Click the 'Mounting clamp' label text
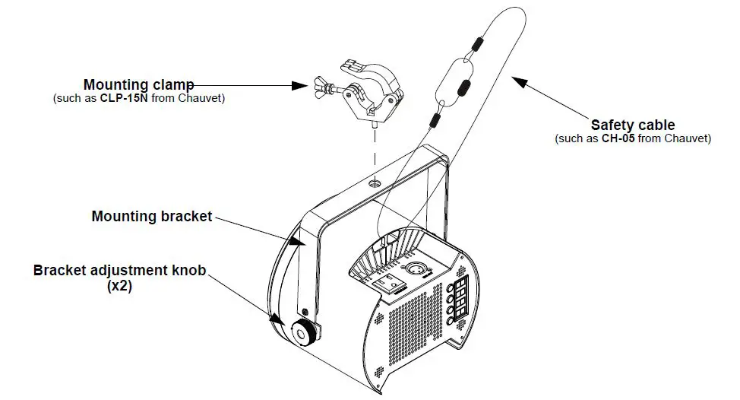click(138, 84)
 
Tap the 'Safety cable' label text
click(632, 125)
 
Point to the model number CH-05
click(609, 138)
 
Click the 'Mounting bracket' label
click(151, 216)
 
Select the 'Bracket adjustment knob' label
click(119, 270)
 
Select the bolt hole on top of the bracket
click(374, 183)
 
